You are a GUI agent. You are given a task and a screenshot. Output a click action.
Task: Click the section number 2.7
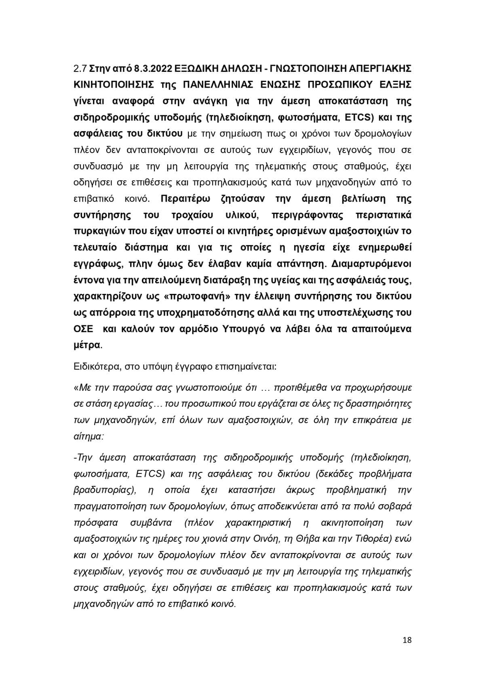point(80,68)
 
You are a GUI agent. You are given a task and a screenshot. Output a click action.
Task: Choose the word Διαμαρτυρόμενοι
point(371,264)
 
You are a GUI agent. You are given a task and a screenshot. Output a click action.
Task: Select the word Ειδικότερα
point(94,367)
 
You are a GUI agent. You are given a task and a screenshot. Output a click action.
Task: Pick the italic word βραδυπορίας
point(103,490)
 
